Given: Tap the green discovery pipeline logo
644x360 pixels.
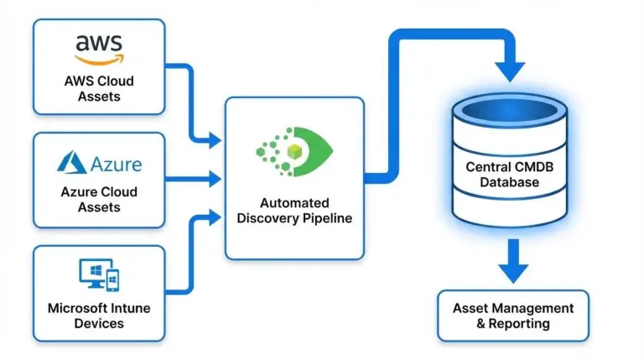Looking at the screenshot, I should [294, 151].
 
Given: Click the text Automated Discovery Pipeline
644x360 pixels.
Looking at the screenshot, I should [294, 211].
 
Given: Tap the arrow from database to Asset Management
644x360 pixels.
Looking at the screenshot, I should [513, 269].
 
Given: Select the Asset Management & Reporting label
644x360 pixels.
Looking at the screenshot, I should [513, 316].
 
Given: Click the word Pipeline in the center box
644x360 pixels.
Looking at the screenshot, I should [326, 218].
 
